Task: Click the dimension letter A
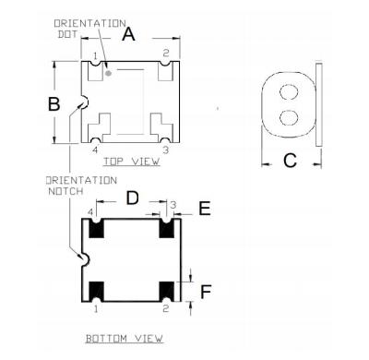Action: pyautogui.click(x=128, y=33)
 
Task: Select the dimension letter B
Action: pyautogui.click(x=54, y=103)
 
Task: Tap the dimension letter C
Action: pyautogui.click(x=290, y=161)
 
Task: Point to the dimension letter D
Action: pyautogui.click(x=133, y=198)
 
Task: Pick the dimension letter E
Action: pyautogui.click(x=205, y=209)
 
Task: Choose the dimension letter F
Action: pyautogui.click(x=206, y=292)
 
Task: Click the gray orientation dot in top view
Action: pyautogui.click(x=108, y=73)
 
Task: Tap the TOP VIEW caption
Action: pyautogui.click(x=132, y=162)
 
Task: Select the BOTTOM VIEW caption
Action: pyautogui.click(x=125, y=339)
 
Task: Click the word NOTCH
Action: pyautogui.click(x=65, y=191)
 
